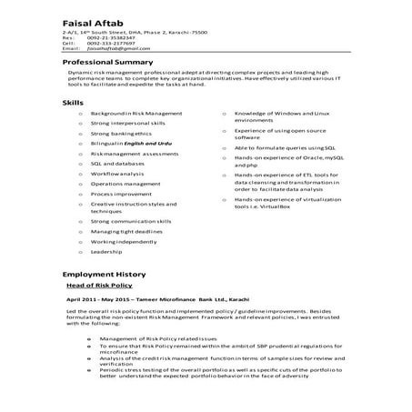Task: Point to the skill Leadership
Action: pyautogui.click(x=108, y=252)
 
